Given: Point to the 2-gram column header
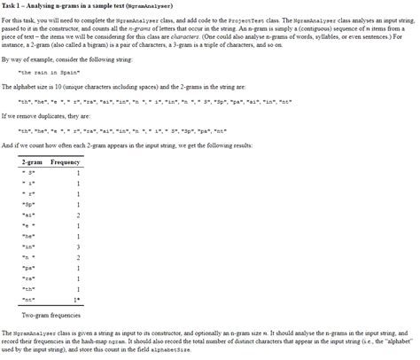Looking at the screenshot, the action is coord(31,163).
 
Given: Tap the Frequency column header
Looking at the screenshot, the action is coord(66,163).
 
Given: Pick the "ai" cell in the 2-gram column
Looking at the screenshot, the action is coord(32,215).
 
